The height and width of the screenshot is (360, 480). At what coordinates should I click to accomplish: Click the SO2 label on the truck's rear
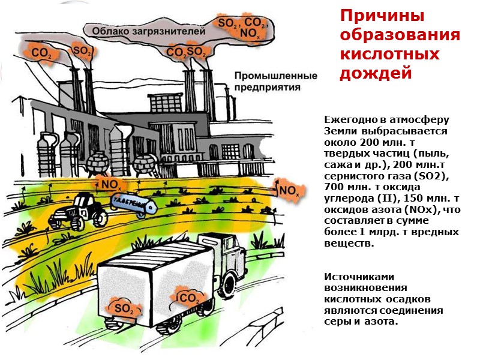pos(125,309)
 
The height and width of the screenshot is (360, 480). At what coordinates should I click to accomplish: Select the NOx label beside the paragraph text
pos(288,191)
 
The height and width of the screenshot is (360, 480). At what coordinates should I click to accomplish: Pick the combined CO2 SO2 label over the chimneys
pos(187,53)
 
